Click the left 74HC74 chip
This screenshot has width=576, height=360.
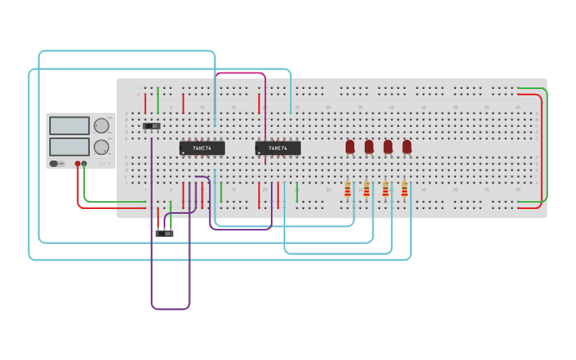[202, 148]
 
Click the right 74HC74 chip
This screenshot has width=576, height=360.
[278, 148]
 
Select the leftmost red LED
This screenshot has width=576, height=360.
[350, 146]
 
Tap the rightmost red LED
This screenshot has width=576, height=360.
[407, 146]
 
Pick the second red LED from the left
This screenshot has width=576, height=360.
[369, 146]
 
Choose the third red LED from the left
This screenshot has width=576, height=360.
[388, 146]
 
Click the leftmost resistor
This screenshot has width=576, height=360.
[347, 189]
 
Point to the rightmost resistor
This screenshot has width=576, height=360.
[404, 189]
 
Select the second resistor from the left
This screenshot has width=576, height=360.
[366, 189]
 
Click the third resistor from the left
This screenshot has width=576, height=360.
[385, 189]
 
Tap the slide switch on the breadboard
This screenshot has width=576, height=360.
[152, 126]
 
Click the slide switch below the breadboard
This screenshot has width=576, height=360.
[164, 233]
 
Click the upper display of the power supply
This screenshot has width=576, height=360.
[69, 126]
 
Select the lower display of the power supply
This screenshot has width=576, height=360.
[69, 147]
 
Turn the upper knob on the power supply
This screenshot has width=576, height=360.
[102, 126]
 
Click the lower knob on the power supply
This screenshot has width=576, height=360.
[102, 147]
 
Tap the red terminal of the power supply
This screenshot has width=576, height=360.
[78, 164]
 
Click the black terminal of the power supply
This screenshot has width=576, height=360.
[84, 164]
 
